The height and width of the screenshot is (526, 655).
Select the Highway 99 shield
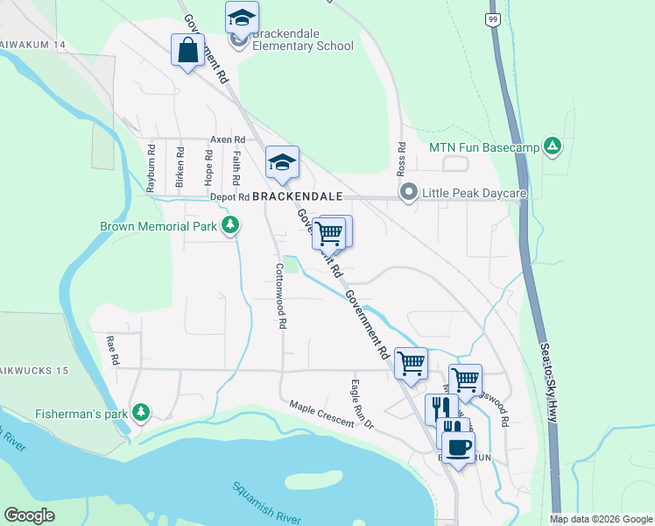point(494,19)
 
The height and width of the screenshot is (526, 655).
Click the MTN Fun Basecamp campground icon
point(552,146)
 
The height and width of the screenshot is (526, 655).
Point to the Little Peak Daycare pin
point(408,193)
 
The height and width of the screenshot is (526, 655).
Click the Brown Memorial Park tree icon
point(230,226)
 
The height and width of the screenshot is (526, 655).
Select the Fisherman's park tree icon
point(140,412)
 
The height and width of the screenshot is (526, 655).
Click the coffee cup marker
point(456,447)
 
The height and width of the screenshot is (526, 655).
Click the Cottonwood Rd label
point(281,296)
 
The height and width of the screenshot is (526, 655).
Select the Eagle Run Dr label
point(361,403)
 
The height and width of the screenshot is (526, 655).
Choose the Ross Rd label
point(402,159)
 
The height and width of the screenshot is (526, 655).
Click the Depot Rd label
point(230,197)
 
